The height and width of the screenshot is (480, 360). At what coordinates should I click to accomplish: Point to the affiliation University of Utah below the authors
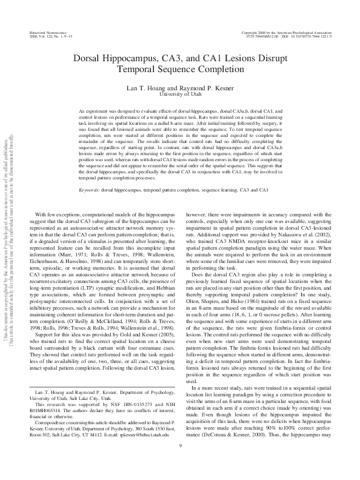coord(180,95)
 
